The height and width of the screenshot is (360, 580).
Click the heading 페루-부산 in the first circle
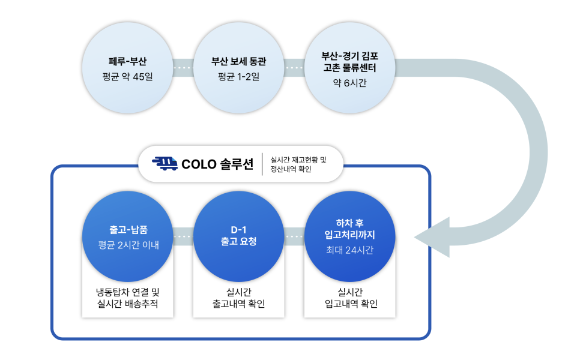click(x=128, y=61)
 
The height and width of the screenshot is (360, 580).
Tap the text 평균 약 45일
click(x=128, y=77)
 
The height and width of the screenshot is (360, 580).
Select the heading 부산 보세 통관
click(x=238, y=61)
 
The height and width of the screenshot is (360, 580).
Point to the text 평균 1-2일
click(x=238, y=77)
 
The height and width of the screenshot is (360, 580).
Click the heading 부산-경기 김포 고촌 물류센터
click(x=349, y=62)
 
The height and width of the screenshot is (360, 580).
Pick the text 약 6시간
click(x=349, y=83)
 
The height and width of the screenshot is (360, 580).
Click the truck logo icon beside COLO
click(x=165, y=163)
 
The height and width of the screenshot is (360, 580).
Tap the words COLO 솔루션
click(x=217, y=164)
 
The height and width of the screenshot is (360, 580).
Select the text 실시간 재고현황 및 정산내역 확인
click(x=298, y=164)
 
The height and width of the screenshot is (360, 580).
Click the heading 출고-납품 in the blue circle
click(x=128, y=230)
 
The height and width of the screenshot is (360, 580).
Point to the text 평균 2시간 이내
click(x=128, y=245)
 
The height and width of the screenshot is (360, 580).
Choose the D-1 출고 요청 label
click(x=238, y=235)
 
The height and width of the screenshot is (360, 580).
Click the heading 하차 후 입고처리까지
click(x=349, y=229)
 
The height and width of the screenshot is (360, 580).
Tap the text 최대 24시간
click(x=349, y=250)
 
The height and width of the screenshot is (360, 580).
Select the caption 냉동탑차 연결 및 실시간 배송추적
click(x=128, y=298)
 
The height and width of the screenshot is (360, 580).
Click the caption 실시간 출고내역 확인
click(x=238, y=298)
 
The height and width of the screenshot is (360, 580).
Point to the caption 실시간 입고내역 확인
click(x=350, y=298)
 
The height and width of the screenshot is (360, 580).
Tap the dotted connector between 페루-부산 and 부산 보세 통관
click(x=183, y=68)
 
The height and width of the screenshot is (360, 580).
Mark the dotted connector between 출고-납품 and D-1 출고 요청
click(x=183, y=236)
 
